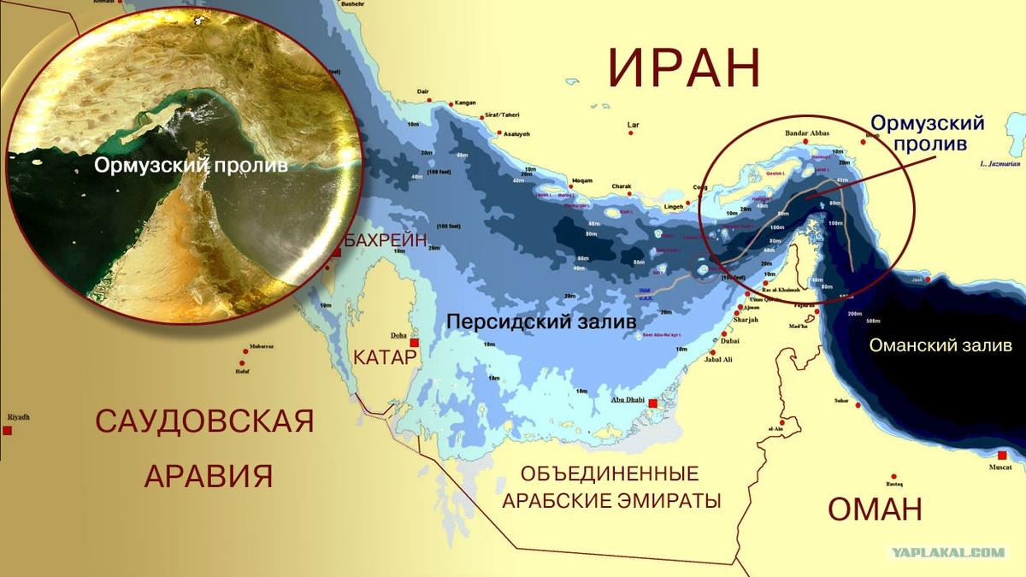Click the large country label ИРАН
coord(684,68)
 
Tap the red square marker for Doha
coord(415,343)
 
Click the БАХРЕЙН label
coord(385,241)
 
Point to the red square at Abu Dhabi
coord(652,403)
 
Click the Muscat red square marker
coord(1001,455)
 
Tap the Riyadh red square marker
coord(7,430)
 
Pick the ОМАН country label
coord(875,509)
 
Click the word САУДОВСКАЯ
coord(205,421)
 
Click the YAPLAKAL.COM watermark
coord(949,552)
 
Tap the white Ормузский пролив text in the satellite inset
coord(191,165)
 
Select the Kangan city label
coord(466,103)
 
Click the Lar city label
coord(634,125)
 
